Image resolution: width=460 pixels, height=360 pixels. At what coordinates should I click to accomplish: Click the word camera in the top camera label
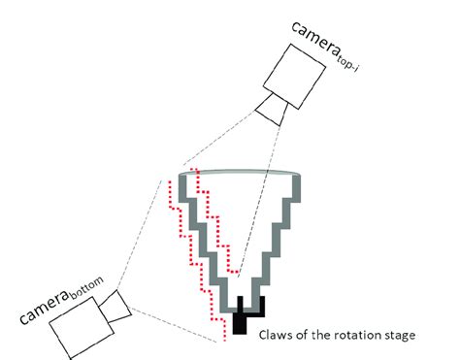pos(314,26)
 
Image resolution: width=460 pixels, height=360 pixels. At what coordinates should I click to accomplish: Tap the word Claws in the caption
pos(278,337)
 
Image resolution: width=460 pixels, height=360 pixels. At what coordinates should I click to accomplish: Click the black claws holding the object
pos(241,316)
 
